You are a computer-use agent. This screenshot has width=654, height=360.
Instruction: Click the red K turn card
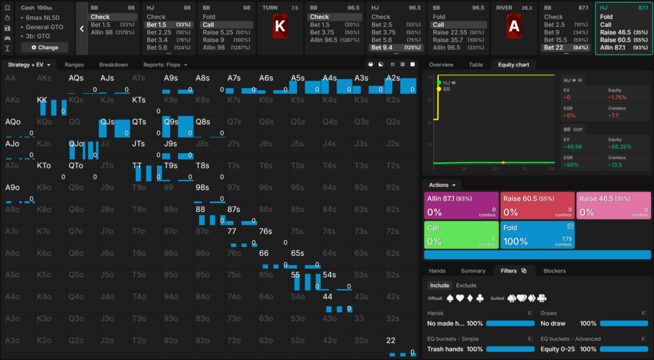tap(280, 26)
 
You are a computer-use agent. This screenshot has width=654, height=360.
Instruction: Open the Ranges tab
tap(74, 64)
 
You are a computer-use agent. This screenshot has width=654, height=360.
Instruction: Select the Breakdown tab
tap(113, 64)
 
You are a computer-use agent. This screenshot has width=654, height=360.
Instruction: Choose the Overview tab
tap(441, 64)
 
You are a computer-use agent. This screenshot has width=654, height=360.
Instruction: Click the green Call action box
tap(461, 234)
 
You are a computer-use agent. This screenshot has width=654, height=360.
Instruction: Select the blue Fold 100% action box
tap(538, 234)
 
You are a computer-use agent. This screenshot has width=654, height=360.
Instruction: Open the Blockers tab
tap(554, 271)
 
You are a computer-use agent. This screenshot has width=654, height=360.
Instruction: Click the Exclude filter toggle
tap(466, 285)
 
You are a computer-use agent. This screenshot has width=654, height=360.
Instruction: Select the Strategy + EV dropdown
tap(29, 64)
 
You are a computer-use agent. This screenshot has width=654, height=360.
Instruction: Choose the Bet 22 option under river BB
tap(554, 47)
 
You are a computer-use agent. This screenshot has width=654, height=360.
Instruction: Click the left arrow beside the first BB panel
tap(82, 28)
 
